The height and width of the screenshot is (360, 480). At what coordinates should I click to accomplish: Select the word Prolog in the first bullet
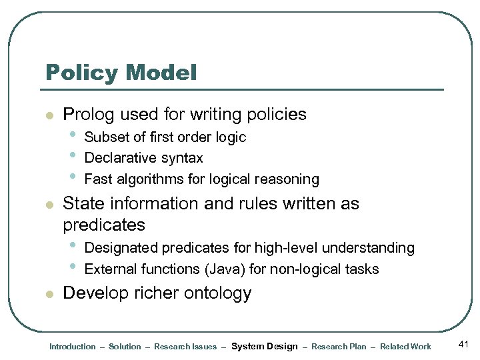(89, 115)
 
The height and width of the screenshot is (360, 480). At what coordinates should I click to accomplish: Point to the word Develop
(94, 293)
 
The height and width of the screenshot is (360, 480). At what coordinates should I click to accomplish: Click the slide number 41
(465, 345)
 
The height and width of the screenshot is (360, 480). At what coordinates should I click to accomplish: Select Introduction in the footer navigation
(73, 347)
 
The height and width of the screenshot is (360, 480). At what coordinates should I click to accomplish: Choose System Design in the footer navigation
(264, 347)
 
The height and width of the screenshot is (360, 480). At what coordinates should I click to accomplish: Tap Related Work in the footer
(405, 347)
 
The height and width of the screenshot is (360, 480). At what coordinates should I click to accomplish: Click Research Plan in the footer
(339, 347)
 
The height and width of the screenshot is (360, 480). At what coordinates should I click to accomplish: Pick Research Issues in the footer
(185, 347)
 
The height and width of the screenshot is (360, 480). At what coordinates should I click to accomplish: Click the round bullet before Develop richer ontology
(48, 294)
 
